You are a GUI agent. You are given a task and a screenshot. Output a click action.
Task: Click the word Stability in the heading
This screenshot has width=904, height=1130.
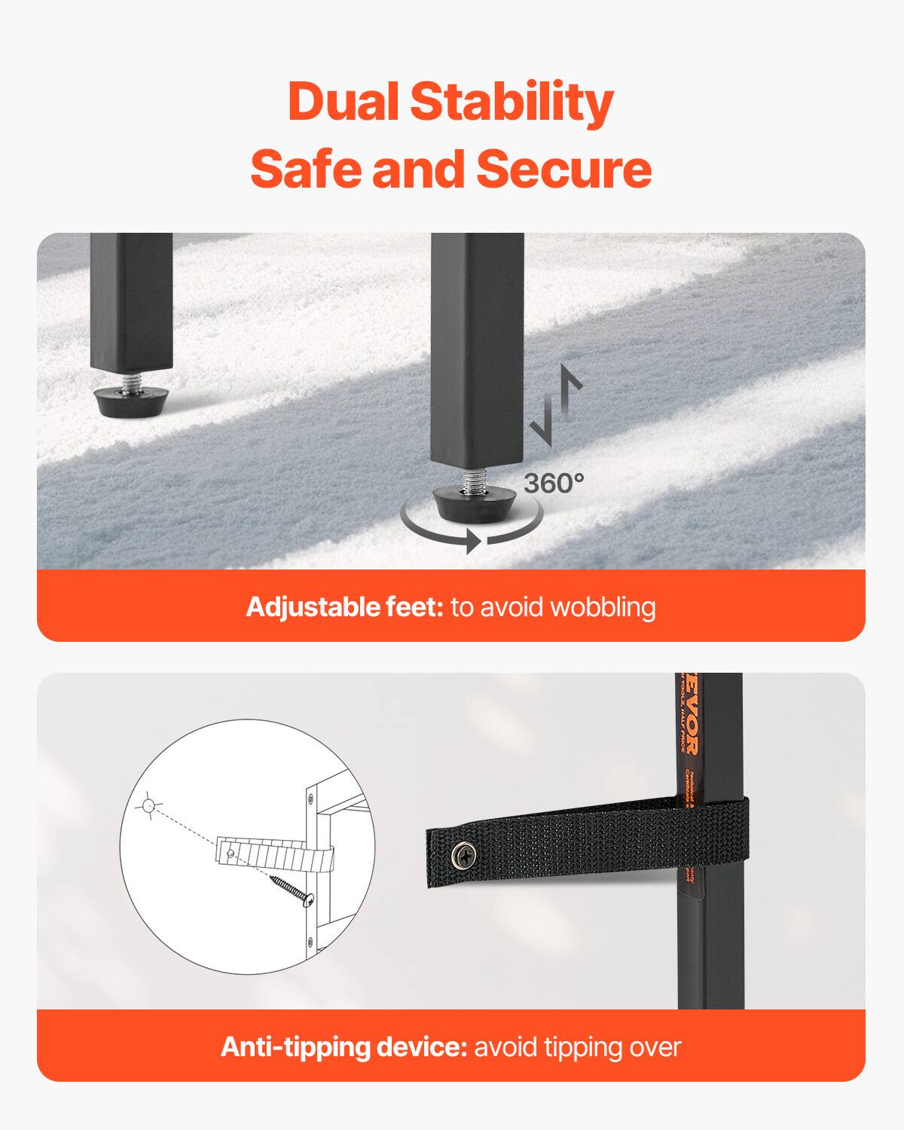click(512, 103)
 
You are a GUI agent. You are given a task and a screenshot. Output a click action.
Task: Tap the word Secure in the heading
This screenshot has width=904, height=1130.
click(563, 169)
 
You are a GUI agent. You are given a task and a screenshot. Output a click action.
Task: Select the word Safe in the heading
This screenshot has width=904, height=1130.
click(307, 169)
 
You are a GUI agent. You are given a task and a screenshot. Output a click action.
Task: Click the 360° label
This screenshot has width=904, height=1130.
click(554, 483)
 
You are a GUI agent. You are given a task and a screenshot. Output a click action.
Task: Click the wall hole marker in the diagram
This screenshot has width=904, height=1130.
click(148, 806)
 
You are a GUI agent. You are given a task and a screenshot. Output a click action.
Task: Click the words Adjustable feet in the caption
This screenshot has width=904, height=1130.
click(344, 606)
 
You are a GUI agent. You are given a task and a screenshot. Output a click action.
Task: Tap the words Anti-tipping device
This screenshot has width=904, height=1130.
click(344, 1046)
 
